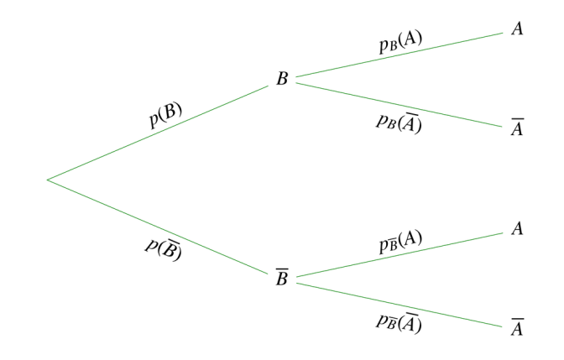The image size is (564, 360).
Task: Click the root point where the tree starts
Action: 48,180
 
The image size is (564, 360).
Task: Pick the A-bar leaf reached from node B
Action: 517,130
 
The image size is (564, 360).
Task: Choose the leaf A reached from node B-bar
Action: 517,229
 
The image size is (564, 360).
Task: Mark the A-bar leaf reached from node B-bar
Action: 517,327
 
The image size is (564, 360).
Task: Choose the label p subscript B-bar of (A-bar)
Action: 398,321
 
